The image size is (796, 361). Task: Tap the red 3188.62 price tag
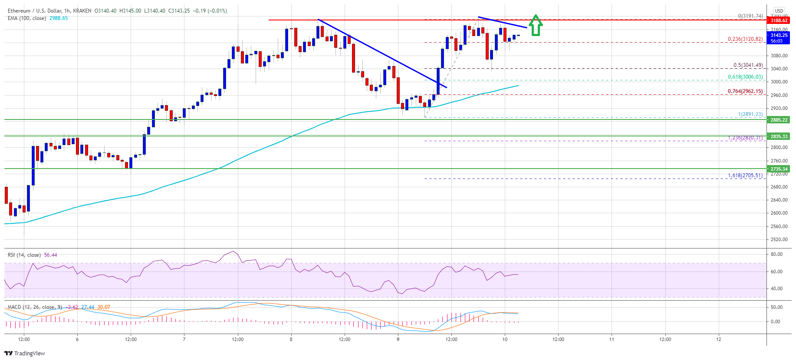point(779,20)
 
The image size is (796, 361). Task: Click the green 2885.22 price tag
point(779,120)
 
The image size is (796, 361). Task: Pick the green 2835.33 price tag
point(779,136)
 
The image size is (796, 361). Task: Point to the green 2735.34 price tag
point(779,169)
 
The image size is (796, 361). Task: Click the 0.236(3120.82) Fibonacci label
point(745,39)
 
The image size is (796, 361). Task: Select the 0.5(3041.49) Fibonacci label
point(748,65)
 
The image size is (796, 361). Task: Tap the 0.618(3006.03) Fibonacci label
point(745,77)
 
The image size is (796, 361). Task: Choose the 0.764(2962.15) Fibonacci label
point(745,91)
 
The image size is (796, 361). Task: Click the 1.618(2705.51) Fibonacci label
point(745,176)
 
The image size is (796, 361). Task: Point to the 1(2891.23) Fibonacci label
point(750,114)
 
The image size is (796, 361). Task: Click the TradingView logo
point(25,353)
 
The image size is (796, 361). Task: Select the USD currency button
point(779,11)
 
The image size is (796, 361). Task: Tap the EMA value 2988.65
point(59,18)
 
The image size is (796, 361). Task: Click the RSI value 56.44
point(50,255)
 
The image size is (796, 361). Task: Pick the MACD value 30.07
point(103,307)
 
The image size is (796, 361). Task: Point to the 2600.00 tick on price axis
point(779,213)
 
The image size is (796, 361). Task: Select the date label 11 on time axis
point(612,339)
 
